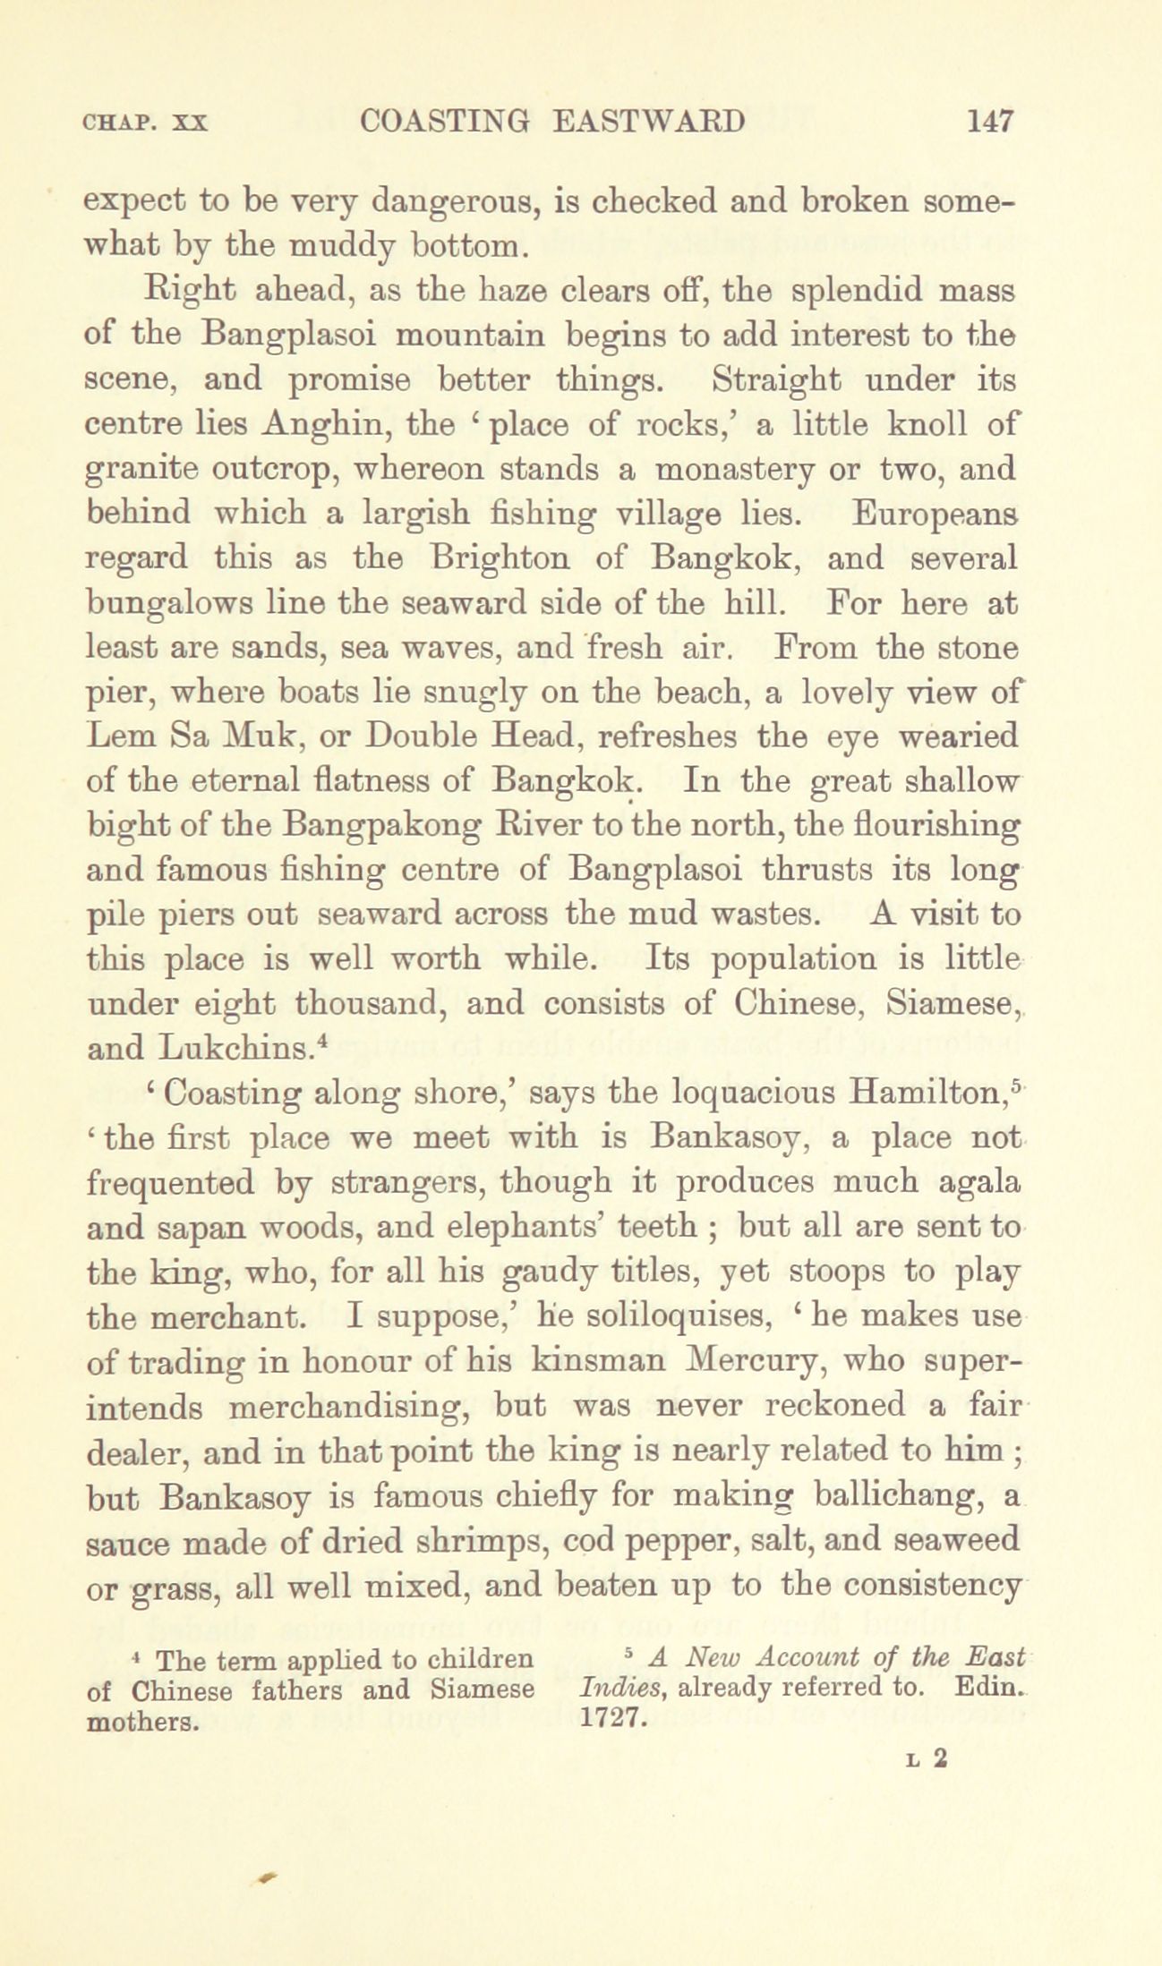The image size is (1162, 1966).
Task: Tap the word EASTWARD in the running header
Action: pyautogui.click(x=648, y=120)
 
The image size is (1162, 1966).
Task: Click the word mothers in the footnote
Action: pyautogui.click(x=141, y=1720)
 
